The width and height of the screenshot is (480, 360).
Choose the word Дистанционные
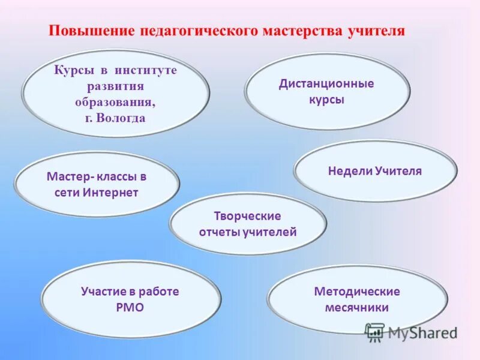(x=326, y=83)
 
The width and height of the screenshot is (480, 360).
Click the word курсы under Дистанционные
(x=326, y=100)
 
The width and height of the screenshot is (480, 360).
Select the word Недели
(x=350, y=171)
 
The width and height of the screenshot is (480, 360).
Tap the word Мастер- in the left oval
(x=67, y=177)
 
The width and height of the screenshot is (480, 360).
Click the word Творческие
(x=248, y=216)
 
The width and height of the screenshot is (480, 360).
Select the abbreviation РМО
(x=130, y=308)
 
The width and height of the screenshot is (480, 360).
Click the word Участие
(x=104, y=292)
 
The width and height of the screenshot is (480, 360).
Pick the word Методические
(x=357, y=292)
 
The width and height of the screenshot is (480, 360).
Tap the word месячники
(x=357, y=308)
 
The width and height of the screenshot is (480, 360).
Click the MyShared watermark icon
(x=375, y=331)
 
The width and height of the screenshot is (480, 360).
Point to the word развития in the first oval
(x=115, y=86)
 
